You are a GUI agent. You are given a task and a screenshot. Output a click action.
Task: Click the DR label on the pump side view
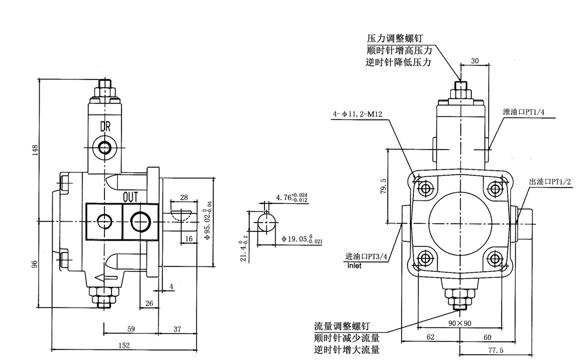tap(105, 126)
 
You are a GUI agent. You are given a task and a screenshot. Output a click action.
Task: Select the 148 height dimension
tap(35, 150)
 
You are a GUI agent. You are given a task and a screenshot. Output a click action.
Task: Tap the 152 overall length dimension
tap(124, 346)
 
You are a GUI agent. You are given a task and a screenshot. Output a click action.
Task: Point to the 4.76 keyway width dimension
tap(291, 198)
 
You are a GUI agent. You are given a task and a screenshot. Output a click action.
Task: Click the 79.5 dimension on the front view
tap(383, 188)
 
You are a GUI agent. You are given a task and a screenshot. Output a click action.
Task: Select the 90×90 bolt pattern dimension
tap(460, 323)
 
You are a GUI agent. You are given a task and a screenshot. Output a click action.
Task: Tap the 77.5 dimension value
tap(496, 350)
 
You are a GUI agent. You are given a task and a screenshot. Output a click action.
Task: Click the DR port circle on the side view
tap(105, 147)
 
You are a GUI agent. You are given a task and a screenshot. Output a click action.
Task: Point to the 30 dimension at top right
tap(474, 61)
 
